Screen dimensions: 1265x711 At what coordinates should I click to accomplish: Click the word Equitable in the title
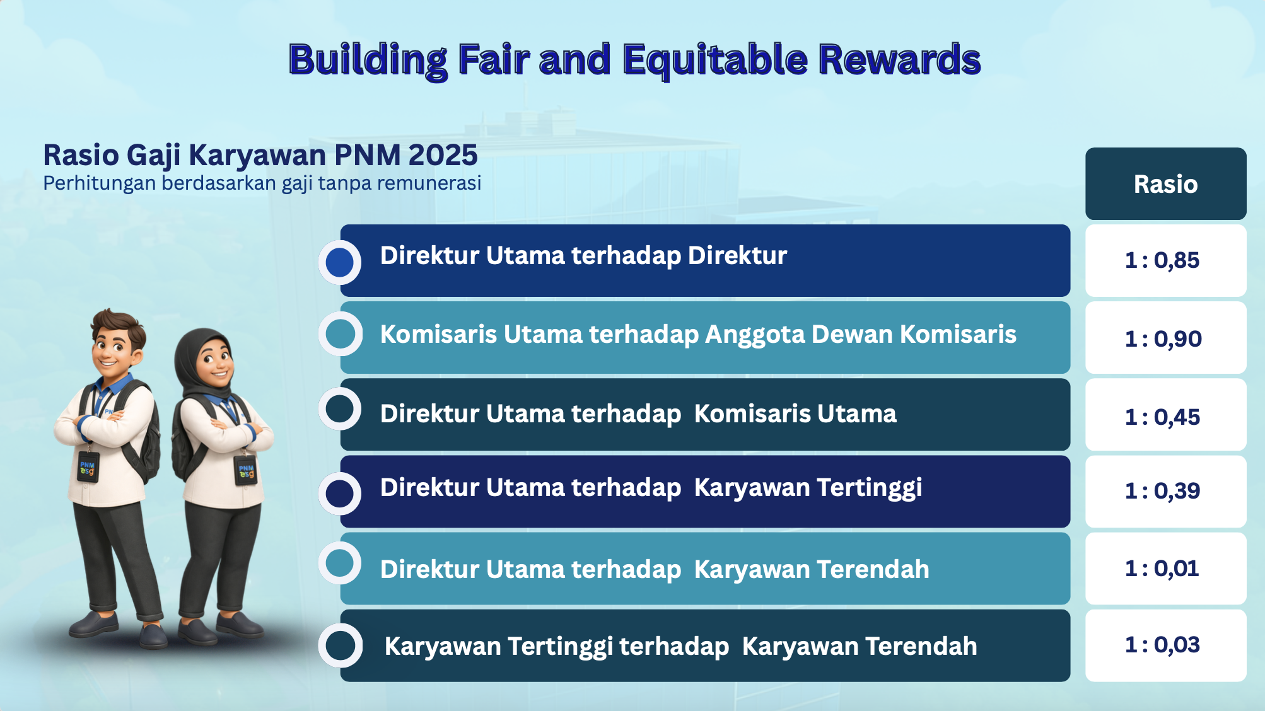coord(715,61)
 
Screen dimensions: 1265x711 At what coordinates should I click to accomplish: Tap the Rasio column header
coord(1165,184)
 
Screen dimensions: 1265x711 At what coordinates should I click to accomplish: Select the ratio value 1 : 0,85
coord(1162,260)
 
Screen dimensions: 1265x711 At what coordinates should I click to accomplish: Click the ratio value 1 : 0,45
coord(1162,417)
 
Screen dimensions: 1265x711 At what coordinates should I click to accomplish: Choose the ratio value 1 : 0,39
coord(1162,491)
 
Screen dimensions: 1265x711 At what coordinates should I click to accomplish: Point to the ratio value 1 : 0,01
coord(1162,569)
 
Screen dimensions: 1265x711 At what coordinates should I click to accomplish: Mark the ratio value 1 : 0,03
coord(1162,645)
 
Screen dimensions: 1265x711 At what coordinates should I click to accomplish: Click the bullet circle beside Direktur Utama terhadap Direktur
coord(340,262)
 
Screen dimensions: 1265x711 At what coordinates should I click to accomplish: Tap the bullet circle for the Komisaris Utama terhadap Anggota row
coord(340,333)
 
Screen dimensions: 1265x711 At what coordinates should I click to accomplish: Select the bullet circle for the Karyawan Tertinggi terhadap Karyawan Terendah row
coord(341,645)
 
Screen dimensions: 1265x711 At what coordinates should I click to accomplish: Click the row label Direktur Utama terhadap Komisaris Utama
coord(638,414)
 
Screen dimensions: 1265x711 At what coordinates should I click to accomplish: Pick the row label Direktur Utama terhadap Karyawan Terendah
coord(655,570)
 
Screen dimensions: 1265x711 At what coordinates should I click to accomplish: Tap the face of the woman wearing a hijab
coord(214,363)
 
